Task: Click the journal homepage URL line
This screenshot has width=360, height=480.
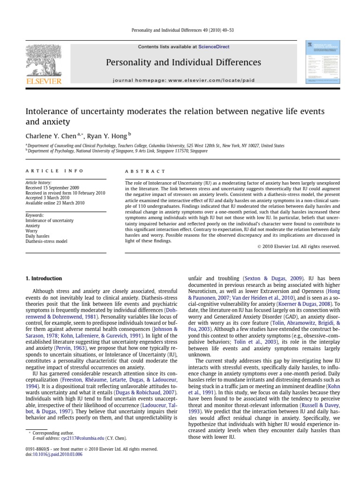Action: pyautogui.click(x=184, y=80)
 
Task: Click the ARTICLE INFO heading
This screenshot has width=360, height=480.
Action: pyautogui.click(x=54, y=172)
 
